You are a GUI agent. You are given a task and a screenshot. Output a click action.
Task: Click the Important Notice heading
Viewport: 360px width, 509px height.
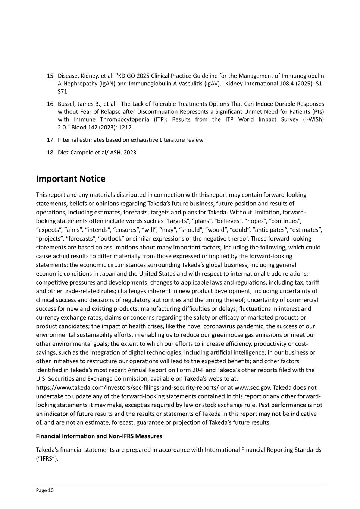pos(71,179)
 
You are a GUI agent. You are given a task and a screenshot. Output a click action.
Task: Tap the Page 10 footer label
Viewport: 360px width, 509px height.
pos(45,490)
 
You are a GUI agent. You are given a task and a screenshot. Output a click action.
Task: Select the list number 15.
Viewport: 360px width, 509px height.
pos(51,76)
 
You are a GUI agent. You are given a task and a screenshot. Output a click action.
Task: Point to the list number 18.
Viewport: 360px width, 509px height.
pos(51,153)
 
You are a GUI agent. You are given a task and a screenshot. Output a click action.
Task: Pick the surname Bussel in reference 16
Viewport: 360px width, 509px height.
pos(67,104)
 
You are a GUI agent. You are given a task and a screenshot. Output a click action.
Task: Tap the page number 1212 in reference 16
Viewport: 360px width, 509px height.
pos(125,128)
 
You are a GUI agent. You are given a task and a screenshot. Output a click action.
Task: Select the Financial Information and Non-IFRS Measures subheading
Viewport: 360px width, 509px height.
pos(99,436)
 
